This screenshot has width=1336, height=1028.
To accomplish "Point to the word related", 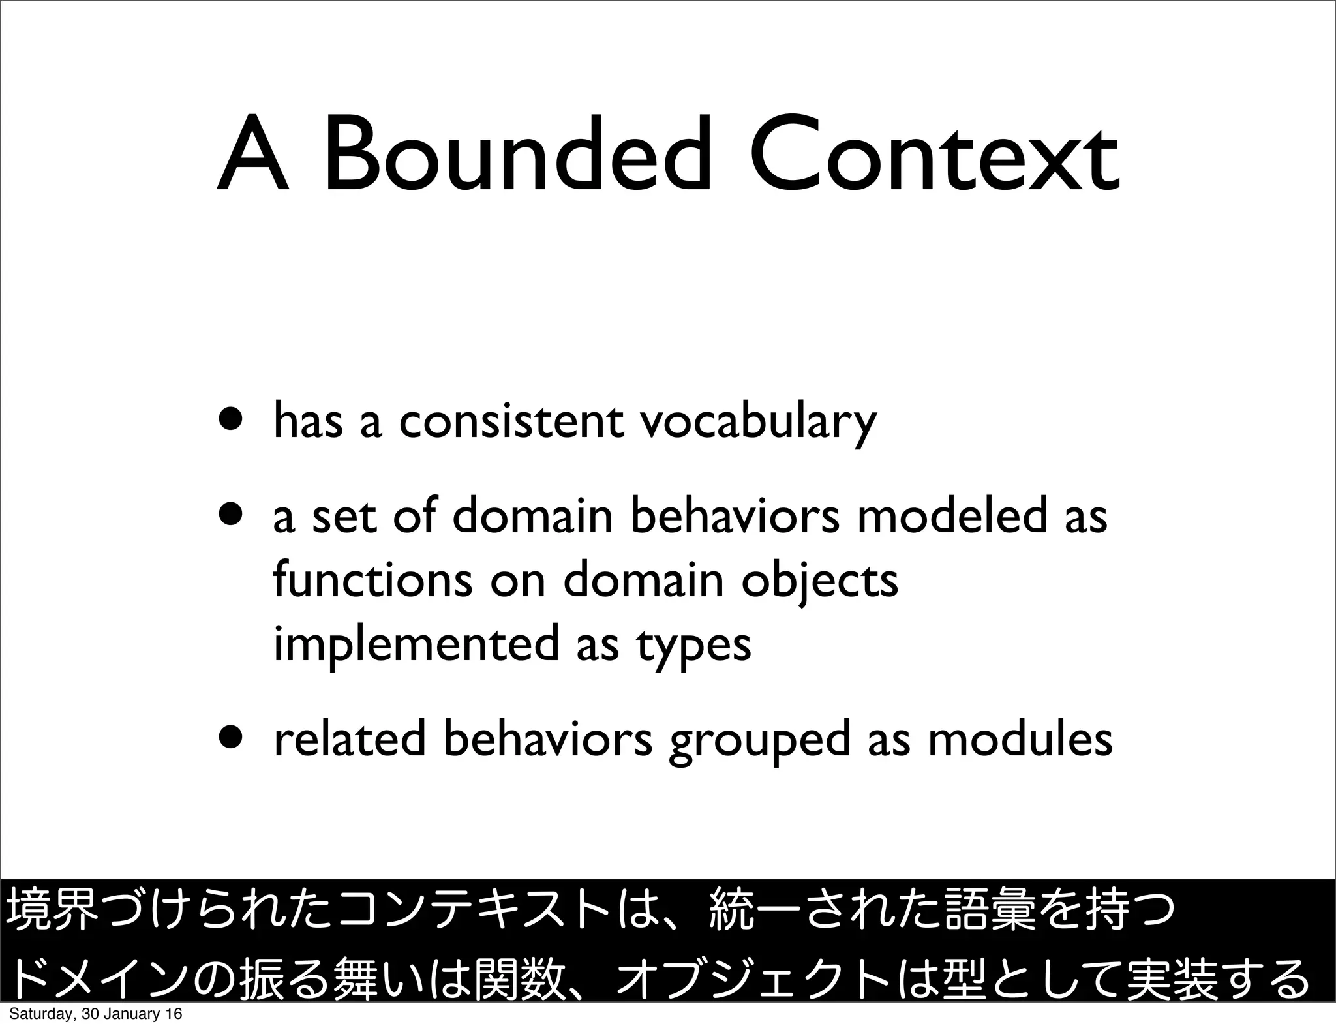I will (350, 740).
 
